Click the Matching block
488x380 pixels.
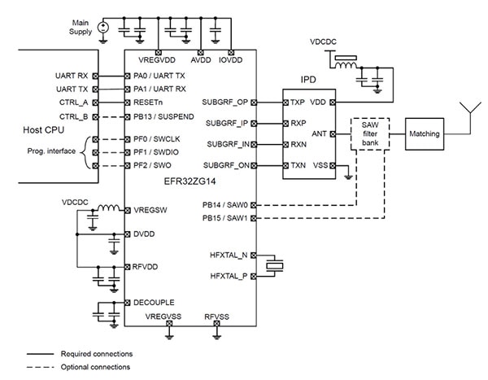coord(424,133)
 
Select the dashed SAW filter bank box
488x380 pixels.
coord(369,133)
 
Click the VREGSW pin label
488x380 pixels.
coord(149,210)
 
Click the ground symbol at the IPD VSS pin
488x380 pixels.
coord(346,173)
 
